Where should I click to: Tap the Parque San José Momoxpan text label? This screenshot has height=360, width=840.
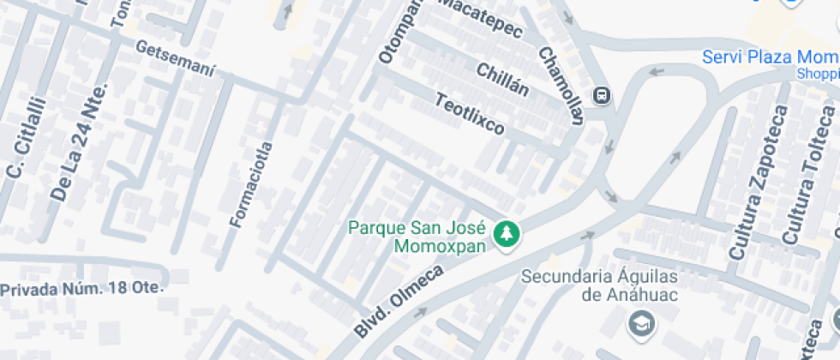[x=417, y=237]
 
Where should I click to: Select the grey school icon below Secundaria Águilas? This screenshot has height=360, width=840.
[x=639, y=322]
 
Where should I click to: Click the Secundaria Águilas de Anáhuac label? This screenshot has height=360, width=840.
[x=599, y=285]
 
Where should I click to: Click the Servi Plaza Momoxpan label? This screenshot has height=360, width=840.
[x=770, y=58]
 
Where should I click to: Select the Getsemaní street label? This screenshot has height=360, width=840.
[x=175, y=60]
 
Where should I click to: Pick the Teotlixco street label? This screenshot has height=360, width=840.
[x=471, y=114]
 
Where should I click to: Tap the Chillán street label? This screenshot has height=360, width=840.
[x=502, y=79]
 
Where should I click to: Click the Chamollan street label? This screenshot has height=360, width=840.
[x=561, y=84]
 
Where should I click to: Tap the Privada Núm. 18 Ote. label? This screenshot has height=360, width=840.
[x=81, y=289]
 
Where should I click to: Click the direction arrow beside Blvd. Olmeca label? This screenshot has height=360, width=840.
[x=419, y=313]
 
